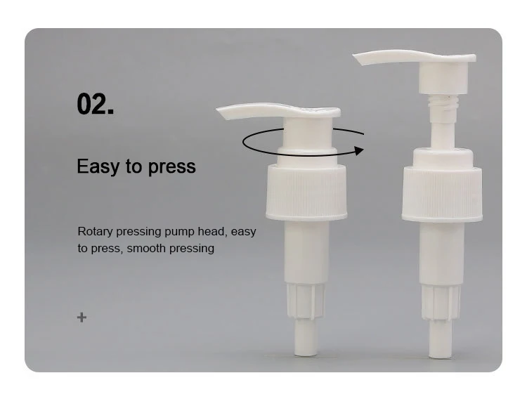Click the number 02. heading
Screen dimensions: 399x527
coord(95,103)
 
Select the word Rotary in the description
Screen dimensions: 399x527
coord(94,231)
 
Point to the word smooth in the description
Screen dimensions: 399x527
coord(147,248)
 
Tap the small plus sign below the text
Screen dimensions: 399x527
coord(82,318)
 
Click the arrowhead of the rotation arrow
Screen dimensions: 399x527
coord(359,150)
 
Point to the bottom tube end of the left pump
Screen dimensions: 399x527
coord(306,345)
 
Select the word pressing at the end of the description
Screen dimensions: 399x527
coord(194,248)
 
